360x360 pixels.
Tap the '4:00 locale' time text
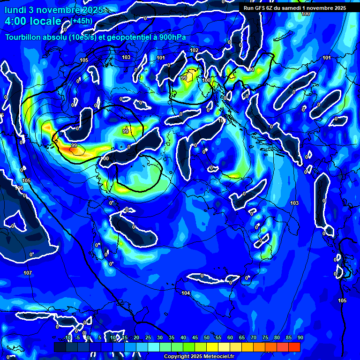33,22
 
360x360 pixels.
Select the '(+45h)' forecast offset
82,21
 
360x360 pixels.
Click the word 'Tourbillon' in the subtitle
28,37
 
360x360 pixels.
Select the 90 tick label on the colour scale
300,337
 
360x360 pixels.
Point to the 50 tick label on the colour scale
206,337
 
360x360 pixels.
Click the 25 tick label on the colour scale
148,337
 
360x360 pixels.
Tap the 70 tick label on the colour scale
253,337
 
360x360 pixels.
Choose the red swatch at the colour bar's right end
294,347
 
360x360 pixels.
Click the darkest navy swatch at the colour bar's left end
60,347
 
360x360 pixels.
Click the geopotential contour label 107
27,273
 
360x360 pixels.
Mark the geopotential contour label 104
186,293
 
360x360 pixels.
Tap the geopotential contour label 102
194,50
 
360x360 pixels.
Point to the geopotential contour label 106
19,188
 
